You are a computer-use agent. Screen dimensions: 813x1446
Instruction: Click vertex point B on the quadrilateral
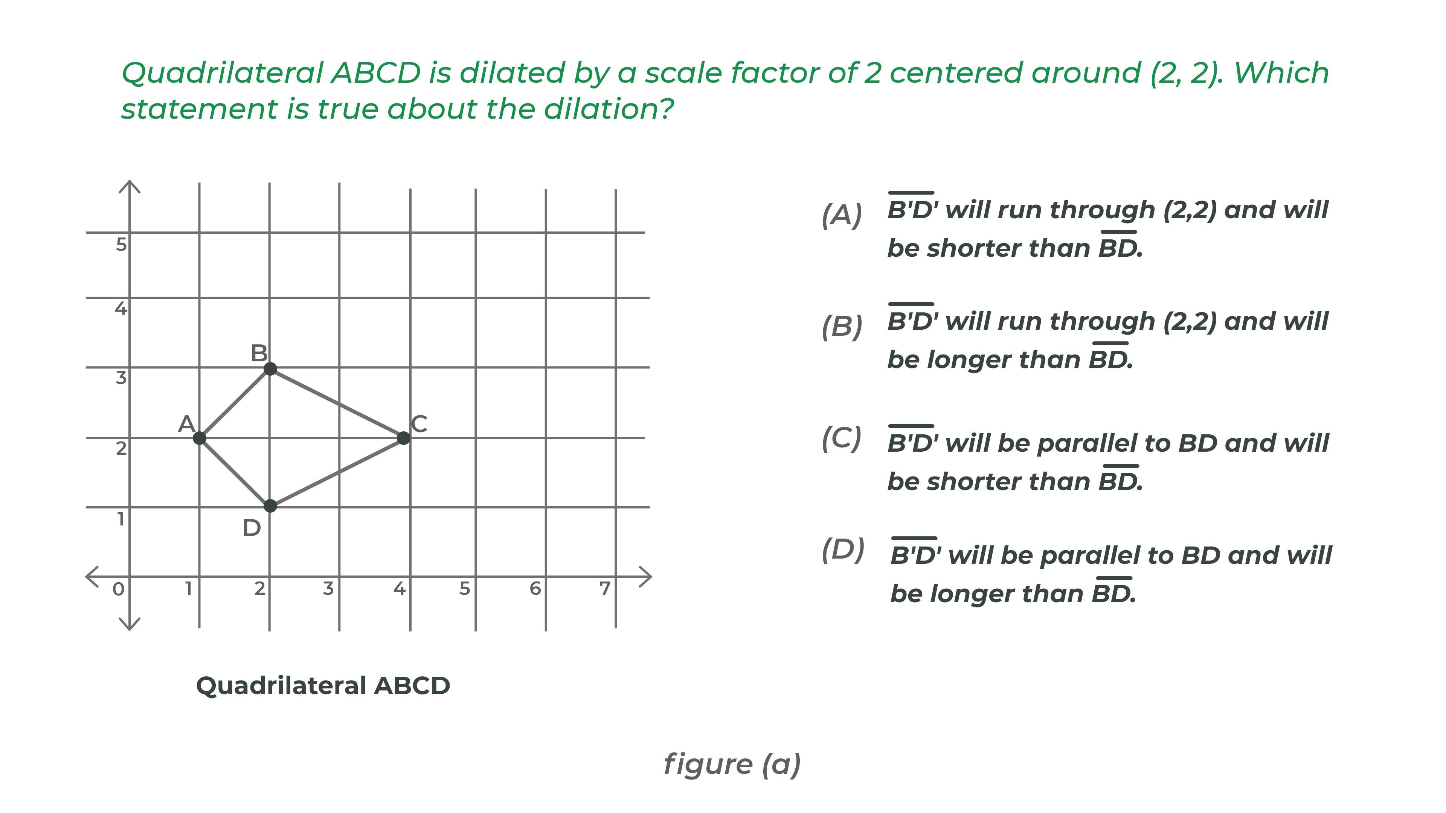coord(270,368)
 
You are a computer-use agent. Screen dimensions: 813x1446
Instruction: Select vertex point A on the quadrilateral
coord(199,438)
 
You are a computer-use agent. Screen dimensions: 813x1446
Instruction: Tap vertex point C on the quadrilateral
coord(403,438)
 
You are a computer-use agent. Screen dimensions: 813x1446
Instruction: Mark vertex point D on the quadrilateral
coord(270,506)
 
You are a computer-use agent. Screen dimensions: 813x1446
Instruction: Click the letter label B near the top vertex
coord(259,353)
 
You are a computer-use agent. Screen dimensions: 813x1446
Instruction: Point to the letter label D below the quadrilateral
coord(252,528)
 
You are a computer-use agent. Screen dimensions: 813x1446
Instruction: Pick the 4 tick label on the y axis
coord(120,308)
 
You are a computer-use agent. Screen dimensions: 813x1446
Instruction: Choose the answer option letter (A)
coord(842,215)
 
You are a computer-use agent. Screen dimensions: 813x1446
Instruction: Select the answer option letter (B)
coord(842,327)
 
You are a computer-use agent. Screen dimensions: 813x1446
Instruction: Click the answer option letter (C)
coord(842,438)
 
